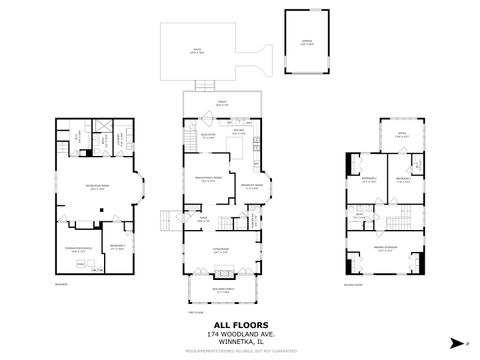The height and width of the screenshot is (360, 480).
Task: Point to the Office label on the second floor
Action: click(x=399, y=135)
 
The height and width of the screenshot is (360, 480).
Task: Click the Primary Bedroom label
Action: click(x=386, y=249)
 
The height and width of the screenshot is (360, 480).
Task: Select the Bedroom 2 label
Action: click(x=369, y=179)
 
